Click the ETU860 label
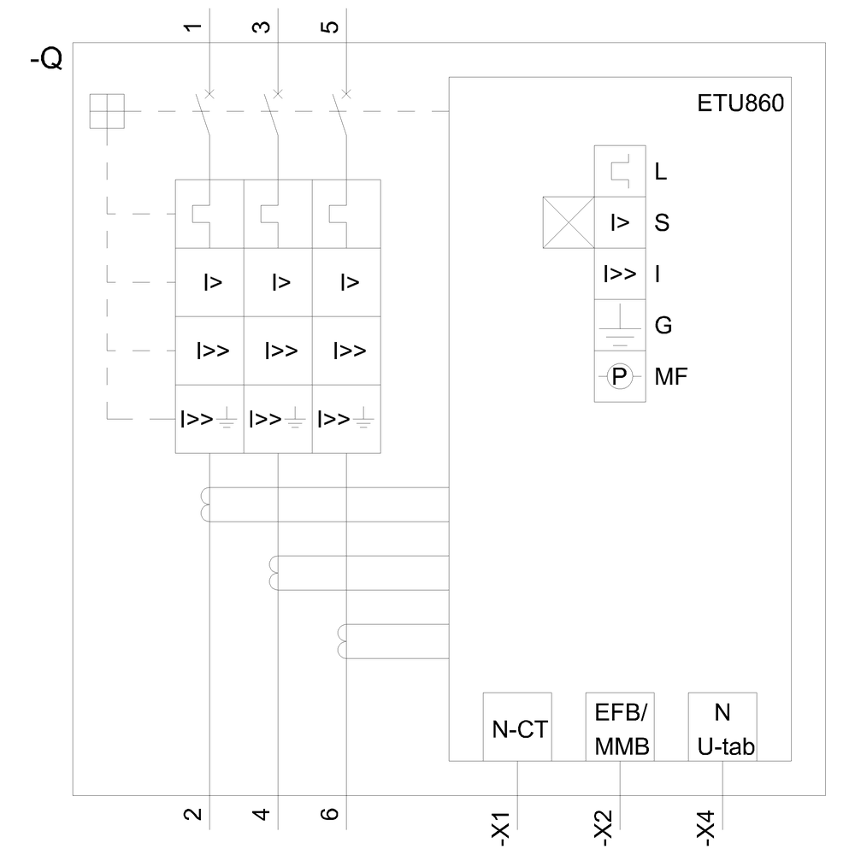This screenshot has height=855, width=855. [740, 104]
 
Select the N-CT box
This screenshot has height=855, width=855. [517, 728]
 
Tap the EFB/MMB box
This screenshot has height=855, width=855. [620, 727]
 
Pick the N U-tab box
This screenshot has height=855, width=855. [723, 727]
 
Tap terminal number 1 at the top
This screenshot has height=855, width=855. [194, 27]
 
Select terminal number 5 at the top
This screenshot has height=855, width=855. [331, 27]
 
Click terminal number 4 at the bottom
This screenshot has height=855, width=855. [263, 813]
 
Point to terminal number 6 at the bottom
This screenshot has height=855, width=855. [332, 813]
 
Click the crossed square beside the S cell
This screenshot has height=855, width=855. [569, 222]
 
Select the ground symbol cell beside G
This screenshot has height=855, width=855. [620, 326]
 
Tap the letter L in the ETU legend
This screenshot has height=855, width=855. [660, 172]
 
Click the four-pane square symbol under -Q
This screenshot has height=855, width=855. [107, 111]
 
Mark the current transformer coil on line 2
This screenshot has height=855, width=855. [206, 504]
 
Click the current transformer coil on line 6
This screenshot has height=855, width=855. [343, 642]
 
